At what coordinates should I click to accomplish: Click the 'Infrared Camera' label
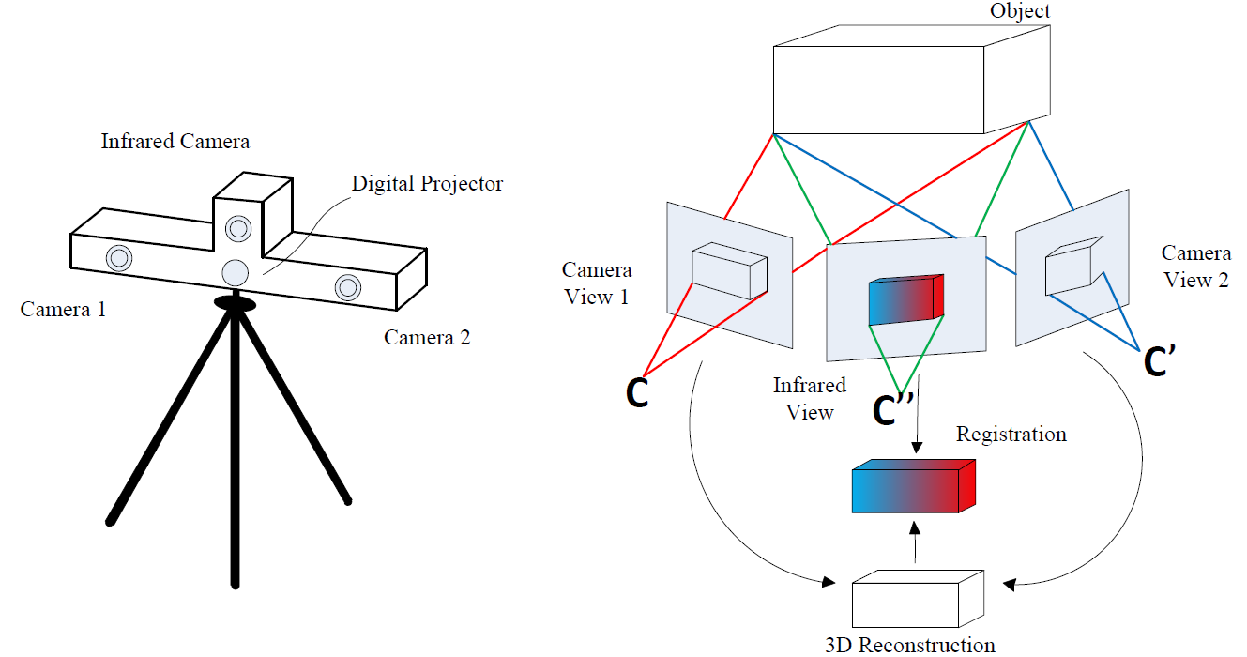click(x=175, y=142)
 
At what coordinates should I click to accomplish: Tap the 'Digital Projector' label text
click(x=427, y=184)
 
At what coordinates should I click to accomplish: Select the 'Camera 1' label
click(x=63, y=309)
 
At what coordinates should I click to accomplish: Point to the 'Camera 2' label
click(x=427, y=338)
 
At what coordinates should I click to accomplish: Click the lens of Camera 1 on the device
click(x=119, y=257)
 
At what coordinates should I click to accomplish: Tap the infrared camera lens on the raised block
click(x=238, y=227)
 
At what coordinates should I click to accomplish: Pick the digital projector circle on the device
click(x=235, y=272)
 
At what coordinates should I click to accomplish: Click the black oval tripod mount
click(x=235, y=302)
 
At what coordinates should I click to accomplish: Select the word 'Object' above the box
click(x=1021, y=12)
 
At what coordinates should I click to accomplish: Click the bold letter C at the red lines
click(x=637, y=395)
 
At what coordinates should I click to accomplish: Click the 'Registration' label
click(x=1011, y=435)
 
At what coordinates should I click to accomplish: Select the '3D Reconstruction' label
click(x=909, y=645)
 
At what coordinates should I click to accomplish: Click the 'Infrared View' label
click(x=809, y=399)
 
